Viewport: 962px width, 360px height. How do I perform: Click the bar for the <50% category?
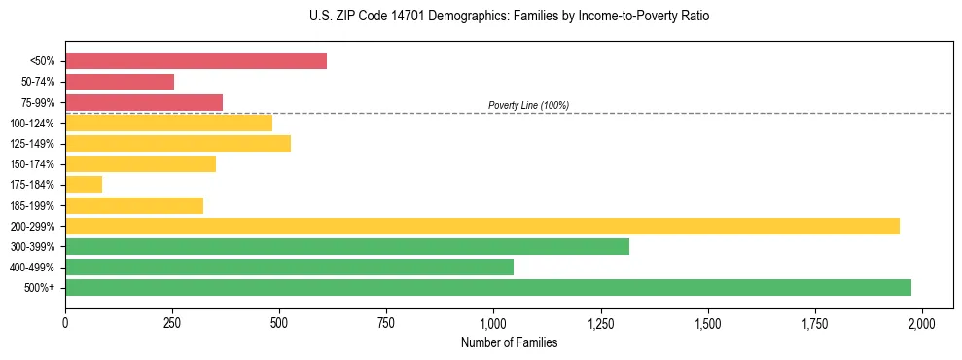click(x=196, y=61)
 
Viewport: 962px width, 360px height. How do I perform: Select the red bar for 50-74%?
click(x=120, y=82)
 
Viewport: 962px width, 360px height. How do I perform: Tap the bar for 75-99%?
click(x=144, y=102)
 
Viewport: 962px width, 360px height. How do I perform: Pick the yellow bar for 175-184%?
click(x=84, y=185)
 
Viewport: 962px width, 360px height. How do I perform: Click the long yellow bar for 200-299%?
click(x=482, y=226)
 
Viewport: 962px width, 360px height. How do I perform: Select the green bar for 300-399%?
click(x=347, y=246)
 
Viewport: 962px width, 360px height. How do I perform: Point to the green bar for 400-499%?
click(x=289, y=267)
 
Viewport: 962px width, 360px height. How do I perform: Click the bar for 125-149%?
click(x=178, y=144)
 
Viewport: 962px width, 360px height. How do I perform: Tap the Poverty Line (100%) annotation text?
click(x=528, y=105)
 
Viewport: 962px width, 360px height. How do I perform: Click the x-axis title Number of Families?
click(x=509, y=342)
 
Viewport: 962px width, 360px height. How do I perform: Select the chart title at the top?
click(x=481, y=17)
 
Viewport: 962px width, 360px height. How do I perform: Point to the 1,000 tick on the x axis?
click(x=493, y=322)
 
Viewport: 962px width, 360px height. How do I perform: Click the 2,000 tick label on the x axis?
click(x=922, y=322)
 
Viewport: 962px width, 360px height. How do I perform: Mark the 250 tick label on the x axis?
click(x=172, y=322)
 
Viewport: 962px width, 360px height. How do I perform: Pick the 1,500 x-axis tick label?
click(x=708, y=322)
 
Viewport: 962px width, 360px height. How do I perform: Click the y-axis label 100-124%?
click(x=33, y=124)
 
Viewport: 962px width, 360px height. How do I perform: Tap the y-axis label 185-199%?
click(x=33, y=205)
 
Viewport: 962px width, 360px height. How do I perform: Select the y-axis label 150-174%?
click(x=33, y=164)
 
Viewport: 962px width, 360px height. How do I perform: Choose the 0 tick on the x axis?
click(x=65, y=322)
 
